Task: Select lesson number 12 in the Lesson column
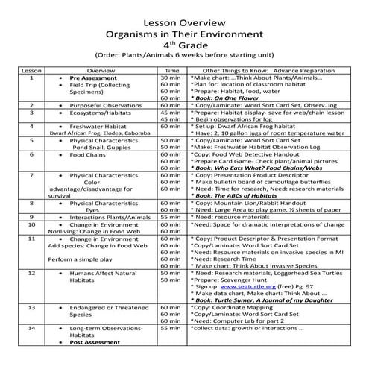[31, 274]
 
